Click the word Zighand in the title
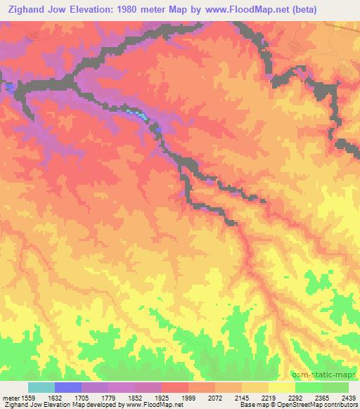(28, 10)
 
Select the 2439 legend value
(347, 398)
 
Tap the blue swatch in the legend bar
(67, 387)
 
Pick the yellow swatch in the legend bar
(281, 387)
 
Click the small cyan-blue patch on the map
(140, 115)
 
